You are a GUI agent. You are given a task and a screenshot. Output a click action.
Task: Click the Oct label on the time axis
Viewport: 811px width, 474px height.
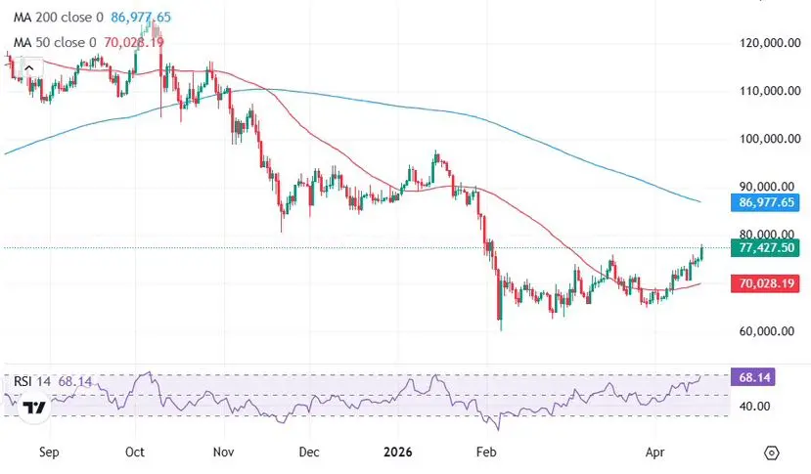point(136,453)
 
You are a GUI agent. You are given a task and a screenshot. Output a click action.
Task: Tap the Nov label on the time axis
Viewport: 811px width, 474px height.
point(224,453)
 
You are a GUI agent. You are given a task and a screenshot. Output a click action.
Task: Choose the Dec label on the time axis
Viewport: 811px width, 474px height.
point(308,453)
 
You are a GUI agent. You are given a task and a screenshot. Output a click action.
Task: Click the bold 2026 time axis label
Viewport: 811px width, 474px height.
point(397,453)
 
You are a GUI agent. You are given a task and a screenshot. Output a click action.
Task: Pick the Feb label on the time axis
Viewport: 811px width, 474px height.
point(483,453)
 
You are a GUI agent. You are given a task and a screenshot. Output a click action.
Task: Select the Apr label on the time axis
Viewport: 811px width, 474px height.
point(656,453)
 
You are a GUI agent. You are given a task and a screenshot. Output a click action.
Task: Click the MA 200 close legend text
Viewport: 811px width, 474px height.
point(54,18)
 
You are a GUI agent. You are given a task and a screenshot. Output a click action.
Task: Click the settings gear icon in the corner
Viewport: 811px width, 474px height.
point(772,453)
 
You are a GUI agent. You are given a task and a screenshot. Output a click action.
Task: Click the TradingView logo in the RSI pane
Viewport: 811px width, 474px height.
point(34,408)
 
